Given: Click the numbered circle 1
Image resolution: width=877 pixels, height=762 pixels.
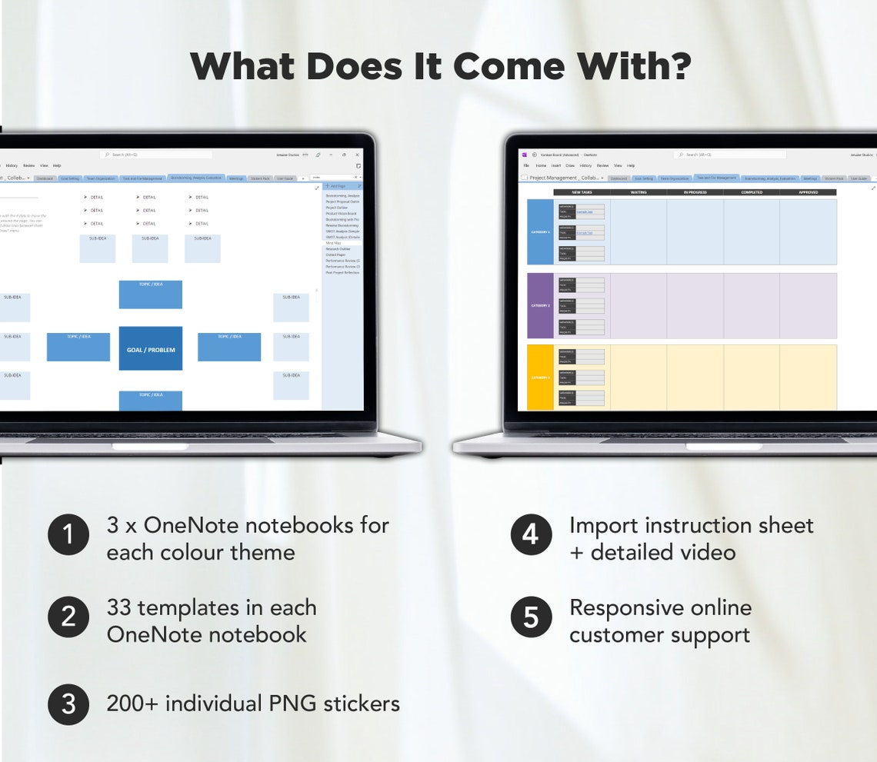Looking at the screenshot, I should pyautogui.click(x=68, y=534).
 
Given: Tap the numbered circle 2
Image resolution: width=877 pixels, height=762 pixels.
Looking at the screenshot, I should pyautogui.click(x=68, y=617).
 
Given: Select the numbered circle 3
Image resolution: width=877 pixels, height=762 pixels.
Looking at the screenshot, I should pyautogui.click(x=68, y=704).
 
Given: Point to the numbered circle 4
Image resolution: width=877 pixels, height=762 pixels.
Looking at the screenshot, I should pyautogui.click(x=531, y=534).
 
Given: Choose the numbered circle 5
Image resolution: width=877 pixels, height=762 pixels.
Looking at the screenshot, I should pyautogui.click(x=531, y=617).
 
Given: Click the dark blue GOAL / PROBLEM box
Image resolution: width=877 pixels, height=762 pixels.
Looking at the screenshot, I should pyautogui.click(x=151, y=349).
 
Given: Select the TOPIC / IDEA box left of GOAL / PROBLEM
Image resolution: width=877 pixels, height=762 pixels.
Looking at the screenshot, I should pyautogui.click(x=78, y=347).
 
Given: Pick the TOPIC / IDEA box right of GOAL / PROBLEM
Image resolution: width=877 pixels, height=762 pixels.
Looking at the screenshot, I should pyautogui.click(x=229, y=347).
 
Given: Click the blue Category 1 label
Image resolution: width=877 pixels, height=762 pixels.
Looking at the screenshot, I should pyautogui.click(x=540, y=231).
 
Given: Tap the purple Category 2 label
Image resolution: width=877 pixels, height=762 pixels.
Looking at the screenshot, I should pyautogui.click(x=540, y=305).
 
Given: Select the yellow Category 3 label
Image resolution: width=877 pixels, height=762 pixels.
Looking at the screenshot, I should pyautogui.click(x=540, y=378).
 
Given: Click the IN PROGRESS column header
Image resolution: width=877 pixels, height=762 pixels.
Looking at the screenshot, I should pyautogui.click(x=695, y=192).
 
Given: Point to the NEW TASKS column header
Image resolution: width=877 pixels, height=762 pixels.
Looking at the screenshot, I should pyautogui.click(x=582, y=192).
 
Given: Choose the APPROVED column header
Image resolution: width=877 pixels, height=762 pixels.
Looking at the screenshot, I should pyautogui.click(x=808, y=192).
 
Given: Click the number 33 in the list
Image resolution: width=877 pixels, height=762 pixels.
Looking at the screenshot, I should pyautogui.click(x=122, y=607).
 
